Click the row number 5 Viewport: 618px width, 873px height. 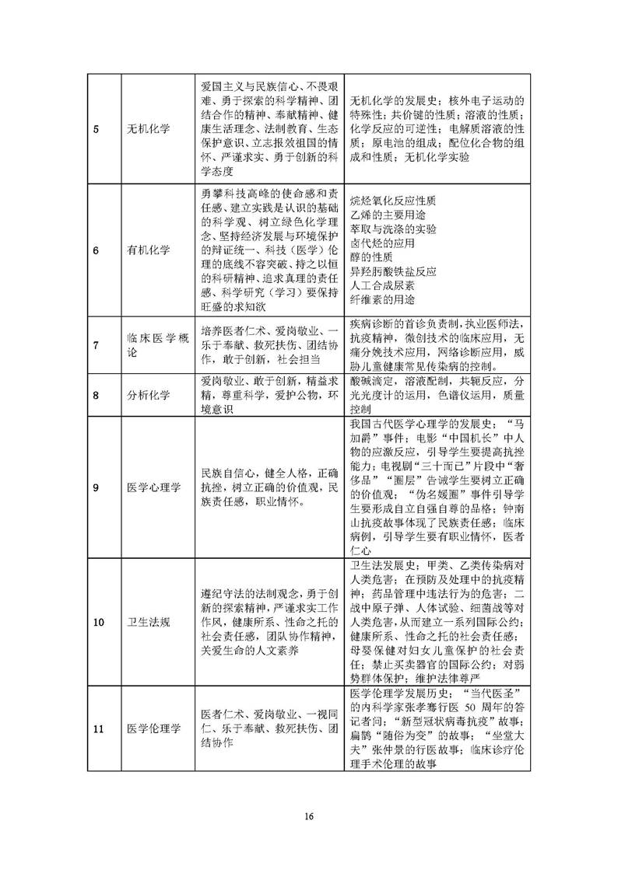[96, 128]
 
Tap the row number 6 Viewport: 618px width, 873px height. [96, 250]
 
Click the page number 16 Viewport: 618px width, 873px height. [309, 816]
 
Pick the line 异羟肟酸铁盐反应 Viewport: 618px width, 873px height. [394, 271]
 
